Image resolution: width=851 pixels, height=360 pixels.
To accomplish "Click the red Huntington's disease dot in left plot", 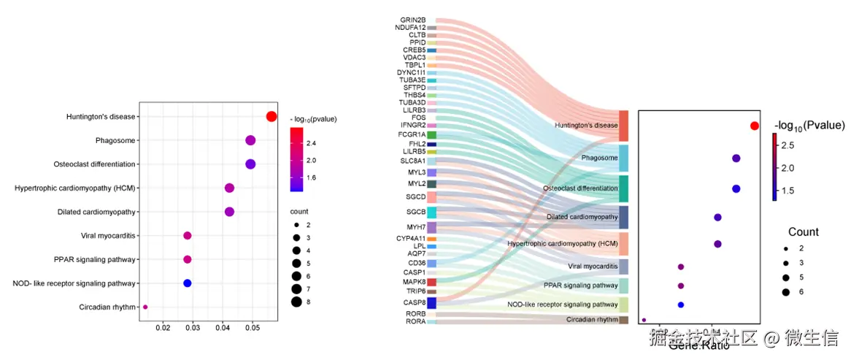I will point(271,117).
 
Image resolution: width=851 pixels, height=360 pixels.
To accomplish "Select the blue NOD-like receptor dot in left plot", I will point(187,283).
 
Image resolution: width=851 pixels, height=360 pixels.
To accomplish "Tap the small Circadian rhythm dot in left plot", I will point(145,307).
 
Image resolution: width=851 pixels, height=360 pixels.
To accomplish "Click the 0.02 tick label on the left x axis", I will point(163,330).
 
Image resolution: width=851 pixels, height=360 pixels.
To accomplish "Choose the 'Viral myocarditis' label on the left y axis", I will point(108,236).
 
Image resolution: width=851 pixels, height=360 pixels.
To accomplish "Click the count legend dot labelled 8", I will point(296,302).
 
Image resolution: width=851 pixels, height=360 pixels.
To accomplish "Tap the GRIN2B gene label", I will point(413,20).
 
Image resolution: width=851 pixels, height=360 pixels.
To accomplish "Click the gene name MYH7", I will point(416,228).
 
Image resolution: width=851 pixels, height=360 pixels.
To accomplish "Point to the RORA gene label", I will point(416,321).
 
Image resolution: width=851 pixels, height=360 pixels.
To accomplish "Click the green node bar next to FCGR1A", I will point(432,134).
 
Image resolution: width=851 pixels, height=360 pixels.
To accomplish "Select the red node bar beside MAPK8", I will point(432,282).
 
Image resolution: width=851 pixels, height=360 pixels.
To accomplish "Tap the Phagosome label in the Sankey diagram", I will point(599,158).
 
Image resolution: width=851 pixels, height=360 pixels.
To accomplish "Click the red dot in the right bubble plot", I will point(755,126).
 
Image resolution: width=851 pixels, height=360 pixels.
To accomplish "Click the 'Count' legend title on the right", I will point(803,231).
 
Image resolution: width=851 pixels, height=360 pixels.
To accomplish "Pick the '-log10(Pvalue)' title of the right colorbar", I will point(809,125).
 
